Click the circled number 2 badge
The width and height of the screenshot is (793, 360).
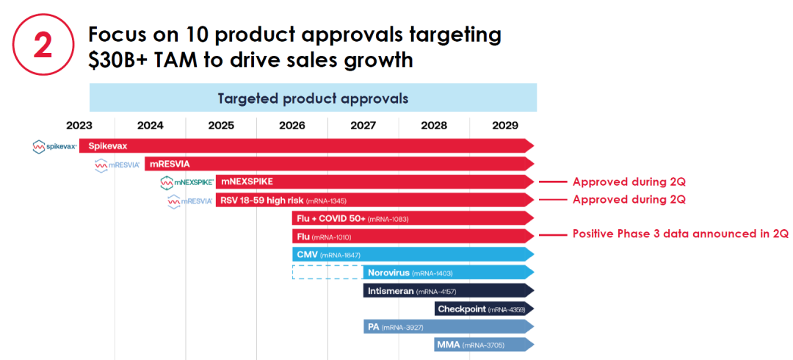tap(43, 46)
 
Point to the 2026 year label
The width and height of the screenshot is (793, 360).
tap(292, 125)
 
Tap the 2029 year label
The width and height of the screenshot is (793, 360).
tap(505, 125)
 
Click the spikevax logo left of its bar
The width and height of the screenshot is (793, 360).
tap(54, 146)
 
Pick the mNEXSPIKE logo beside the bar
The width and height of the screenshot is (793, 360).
tap(187, 181)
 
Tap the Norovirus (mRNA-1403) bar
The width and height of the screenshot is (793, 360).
tap(448, 272)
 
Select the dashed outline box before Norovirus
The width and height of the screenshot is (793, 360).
tap(327, 272)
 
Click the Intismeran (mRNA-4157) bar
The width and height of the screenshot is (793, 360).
tap(448, 290)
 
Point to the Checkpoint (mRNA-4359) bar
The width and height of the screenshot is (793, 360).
tap(484, 309)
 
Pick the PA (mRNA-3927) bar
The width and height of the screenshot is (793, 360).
tap(448, 326)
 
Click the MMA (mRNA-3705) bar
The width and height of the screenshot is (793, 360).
tap(484, 344)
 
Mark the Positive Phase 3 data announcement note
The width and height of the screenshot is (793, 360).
tap(680, 235)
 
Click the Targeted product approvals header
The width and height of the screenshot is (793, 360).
tap(313, 98)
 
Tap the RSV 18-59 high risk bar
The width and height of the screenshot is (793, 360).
tap(374, 200)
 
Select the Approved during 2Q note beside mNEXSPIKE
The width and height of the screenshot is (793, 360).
tap(629, 181)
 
